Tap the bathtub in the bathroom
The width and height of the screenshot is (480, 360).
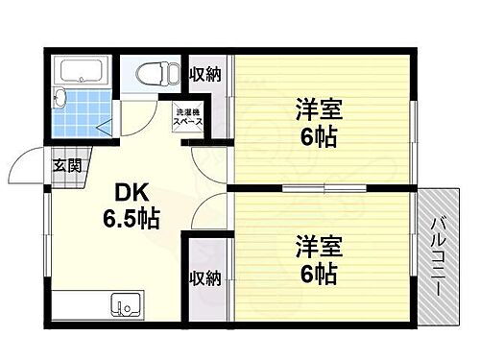tap(83, 71)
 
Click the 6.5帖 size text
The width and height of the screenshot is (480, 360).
tap(132, 218)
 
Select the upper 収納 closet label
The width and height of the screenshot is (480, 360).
tap(204, 75)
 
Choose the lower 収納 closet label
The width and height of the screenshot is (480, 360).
tap(204, 278)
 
